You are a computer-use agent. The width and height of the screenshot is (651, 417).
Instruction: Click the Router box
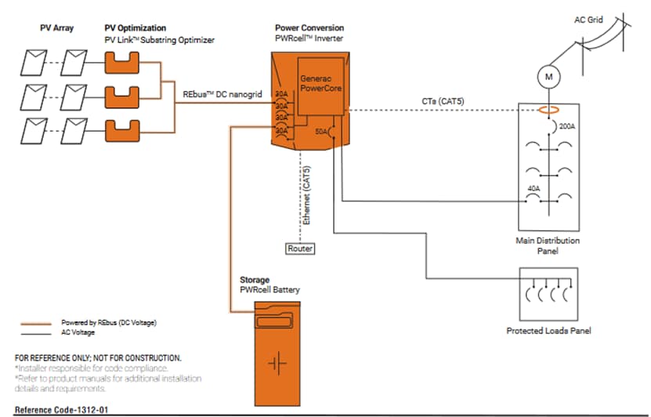(x=299, y=248)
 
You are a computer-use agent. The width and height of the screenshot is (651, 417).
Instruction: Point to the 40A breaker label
(x=534, y=189)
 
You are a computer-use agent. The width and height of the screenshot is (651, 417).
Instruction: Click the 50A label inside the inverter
(x=320, y=131)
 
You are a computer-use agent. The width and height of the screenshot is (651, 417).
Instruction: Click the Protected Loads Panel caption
(x=548, y=331)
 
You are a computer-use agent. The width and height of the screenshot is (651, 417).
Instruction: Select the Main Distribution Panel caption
(x=548, y=246)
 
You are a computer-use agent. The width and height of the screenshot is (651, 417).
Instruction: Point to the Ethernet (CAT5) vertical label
(x=307, y=196)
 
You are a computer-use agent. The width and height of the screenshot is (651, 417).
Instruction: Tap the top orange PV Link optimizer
(x=121, y=60)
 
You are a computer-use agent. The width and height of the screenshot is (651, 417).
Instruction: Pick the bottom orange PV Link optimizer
(x=121, y=129)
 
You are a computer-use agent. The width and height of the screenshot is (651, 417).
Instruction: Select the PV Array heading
(x=56, y=27)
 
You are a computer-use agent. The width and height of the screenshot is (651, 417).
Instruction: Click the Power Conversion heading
(x=309, y=27)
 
